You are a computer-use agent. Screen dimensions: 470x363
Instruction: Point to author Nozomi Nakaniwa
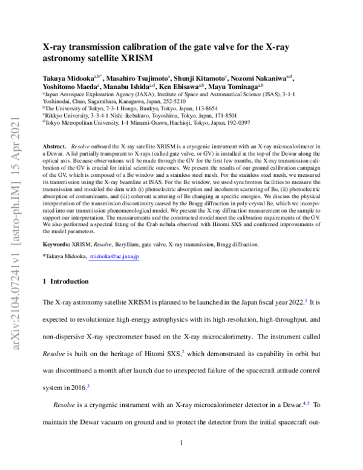pyautogui.click(x=259, y=79)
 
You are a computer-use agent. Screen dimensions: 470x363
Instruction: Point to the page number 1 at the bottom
pyautogui.click(x=181, y=442)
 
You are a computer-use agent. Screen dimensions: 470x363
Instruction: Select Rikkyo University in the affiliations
pyautogui.click(x=68, y=113)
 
